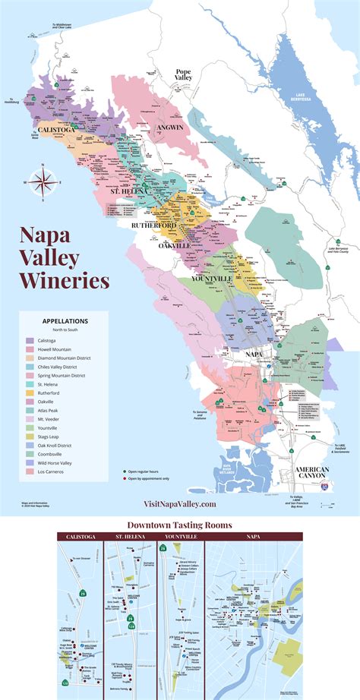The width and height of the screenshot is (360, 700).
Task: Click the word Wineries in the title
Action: click(x=65, y=280)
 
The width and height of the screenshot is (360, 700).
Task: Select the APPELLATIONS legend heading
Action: click(x=65, y=321)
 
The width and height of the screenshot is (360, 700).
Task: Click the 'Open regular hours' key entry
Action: click(x=148, y=471)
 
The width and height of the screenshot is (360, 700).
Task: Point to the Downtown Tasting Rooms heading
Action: click(x=179, y=525)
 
